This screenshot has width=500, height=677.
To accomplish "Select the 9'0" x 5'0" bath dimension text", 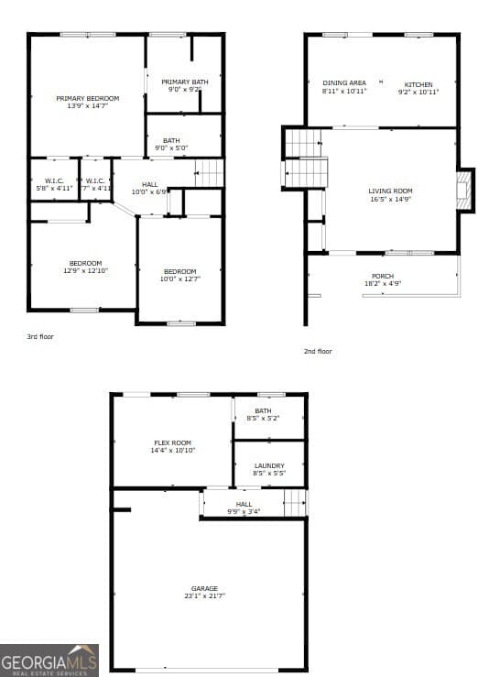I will (x=172, y=147).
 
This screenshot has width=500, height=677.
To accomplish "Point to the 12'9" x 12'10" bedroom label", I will (x=85, y=268).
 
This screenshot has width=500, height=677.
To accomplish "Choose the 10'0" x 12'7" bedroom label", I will (x=180, y=275).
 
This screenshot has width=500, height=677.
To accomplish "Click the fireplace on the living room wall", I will (x=463, y=190).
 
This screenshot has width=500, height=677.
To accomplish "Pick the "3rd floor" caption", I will (x=40, y=337).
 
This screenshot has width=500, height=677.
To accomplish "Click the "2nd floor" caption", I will (x=318, y=351).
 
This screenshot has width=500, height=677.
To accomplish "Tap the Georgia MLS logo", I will (x=49, y=660).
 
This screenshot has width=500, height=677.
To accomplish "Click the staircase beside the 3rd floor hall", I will (x=210, y=172).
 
